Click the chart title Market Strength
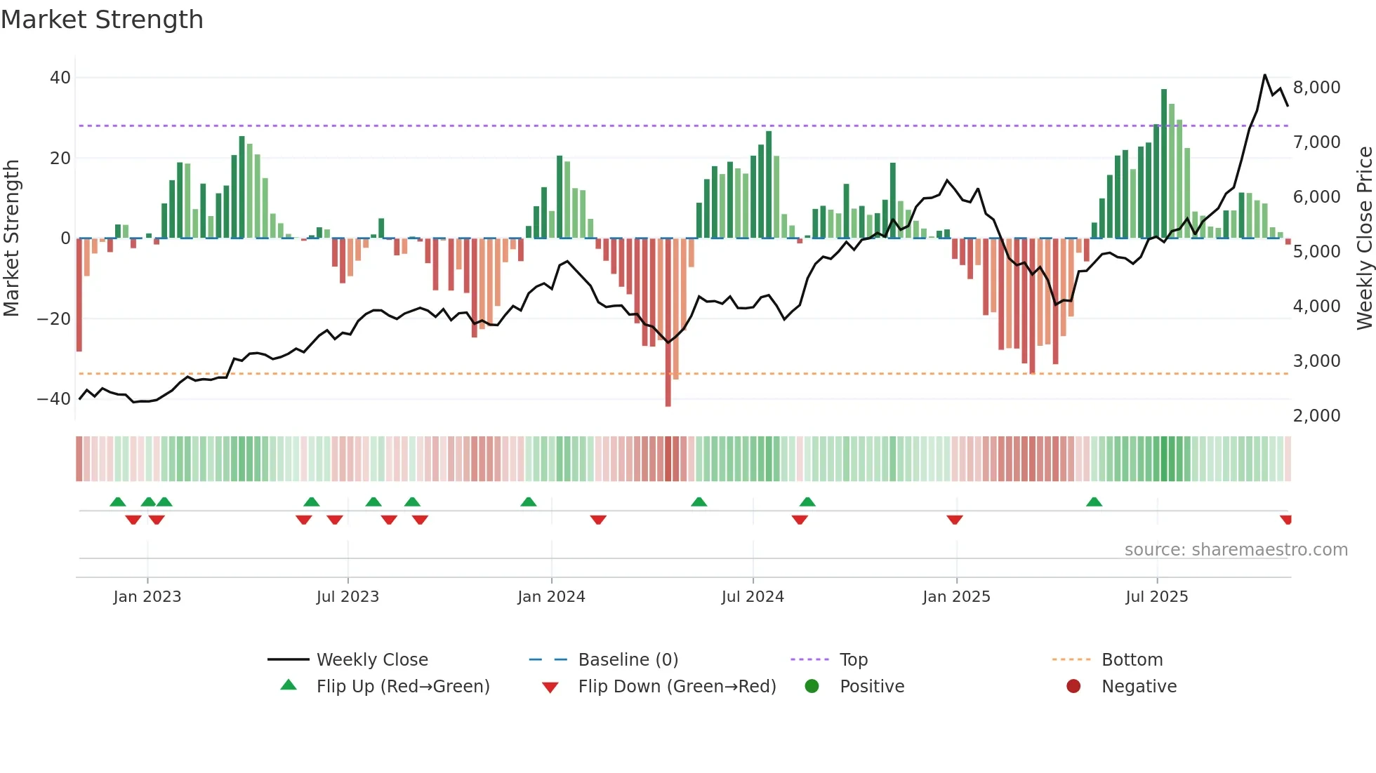tap(102, 20)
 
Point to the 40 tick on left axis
tap(60, 78)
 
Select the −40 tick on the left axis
tap(55, 399)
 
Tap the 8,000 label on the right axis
tap(1316, 88)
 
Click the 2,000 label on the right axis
tap(1316, 416)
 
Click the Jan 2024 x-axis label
tap(551, 597)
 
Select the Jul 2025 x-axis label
tap(1156, 597)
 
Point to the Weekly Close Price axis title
tap(1364, 238)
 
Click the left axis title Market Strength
tap(12, 238)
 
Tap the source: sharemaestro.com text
tap(1236, 550)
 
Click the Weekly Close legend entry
tap(371, 660)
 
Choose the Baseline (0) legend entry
tap(628, 660)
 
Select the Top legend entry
tap(853, 660)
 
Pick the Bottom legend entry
tap(1132, 660)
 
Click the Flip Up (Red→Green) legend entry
tap(402, 687)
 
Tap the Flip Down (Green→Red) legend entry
tap(677, 687)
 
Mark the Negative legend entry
tap(1138, 687)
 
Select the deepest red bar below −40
tap(668, 323)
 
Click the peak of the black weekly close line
tap(1265, 75)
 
